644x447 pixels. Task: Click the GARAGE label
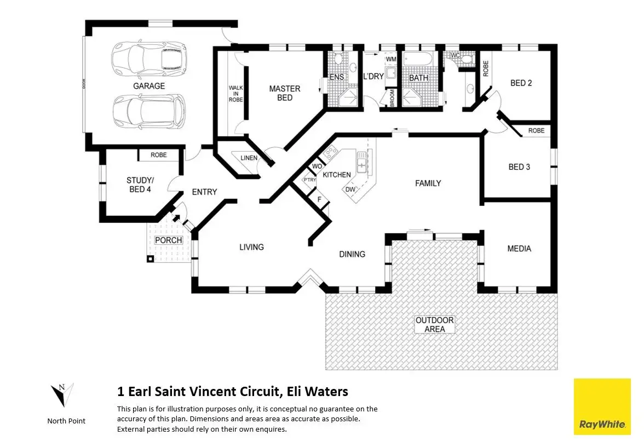(149, 86)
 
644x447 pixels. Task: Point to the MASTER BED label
(285, 93)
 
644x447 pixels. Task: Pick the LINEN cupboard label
(249, 158)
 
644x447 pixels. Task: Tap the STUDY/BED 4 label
(140, 185)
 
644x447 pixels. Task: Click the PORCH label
(169, 240)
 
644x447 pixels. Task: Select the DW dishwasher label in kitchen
(350, 190)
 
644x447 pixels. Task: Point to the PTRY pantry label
(309, 180)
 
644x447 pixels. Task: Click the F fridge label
(319, 199)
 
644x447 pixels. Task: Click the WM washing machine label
(391, 59)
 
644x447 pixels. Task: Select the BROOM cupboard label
(392, 98)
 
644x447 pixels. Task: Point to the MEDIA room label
(519, 249)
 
